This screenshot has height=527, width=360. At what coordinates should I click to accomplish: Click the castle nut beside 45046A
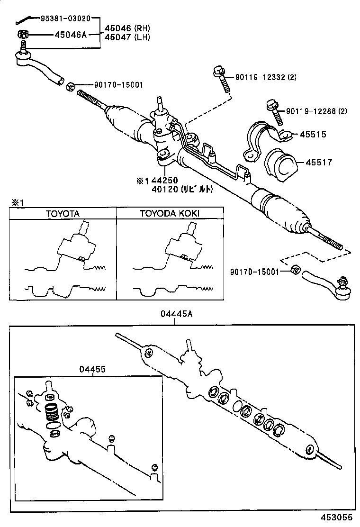(x=22, y=34)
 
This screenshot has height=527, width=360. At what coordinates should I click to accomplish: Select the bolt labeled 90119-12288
(x=274, y=111)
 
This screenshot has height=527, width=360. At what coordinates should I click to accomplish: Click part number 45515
(x=313, y=135)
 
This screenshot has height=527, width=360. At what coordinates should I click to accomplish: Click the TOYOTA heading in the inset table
(x=63, y=213)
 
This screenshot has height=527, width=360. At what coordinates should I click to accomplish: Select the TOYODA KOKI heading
(x=170, y=213)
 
